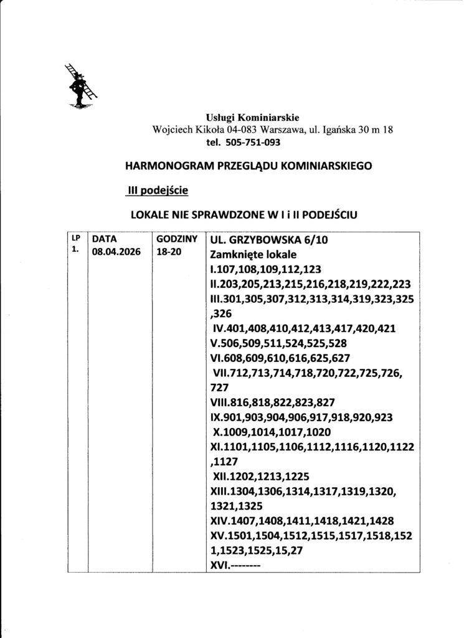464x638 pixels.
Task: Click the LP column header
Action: pyautogui.click(x=76, y=238)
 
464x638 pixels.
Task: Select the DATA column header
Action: pyautogui.click(x=105, y=239)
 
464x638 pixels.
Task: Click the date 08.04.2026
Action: pyautogui.click(x=116, y=252)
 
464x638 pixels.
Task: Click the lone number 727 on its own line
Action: pyautogui.click(x=221, y=386)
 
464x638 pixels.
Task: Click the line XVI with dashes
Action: pyautogui.click(x=235, y=566)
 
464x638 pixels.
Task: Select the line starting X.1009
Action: pyautogui.click(x=270, y=432)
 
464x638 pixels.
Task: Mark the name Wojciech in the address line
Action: pyautogui.click(x=173, y=130)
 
